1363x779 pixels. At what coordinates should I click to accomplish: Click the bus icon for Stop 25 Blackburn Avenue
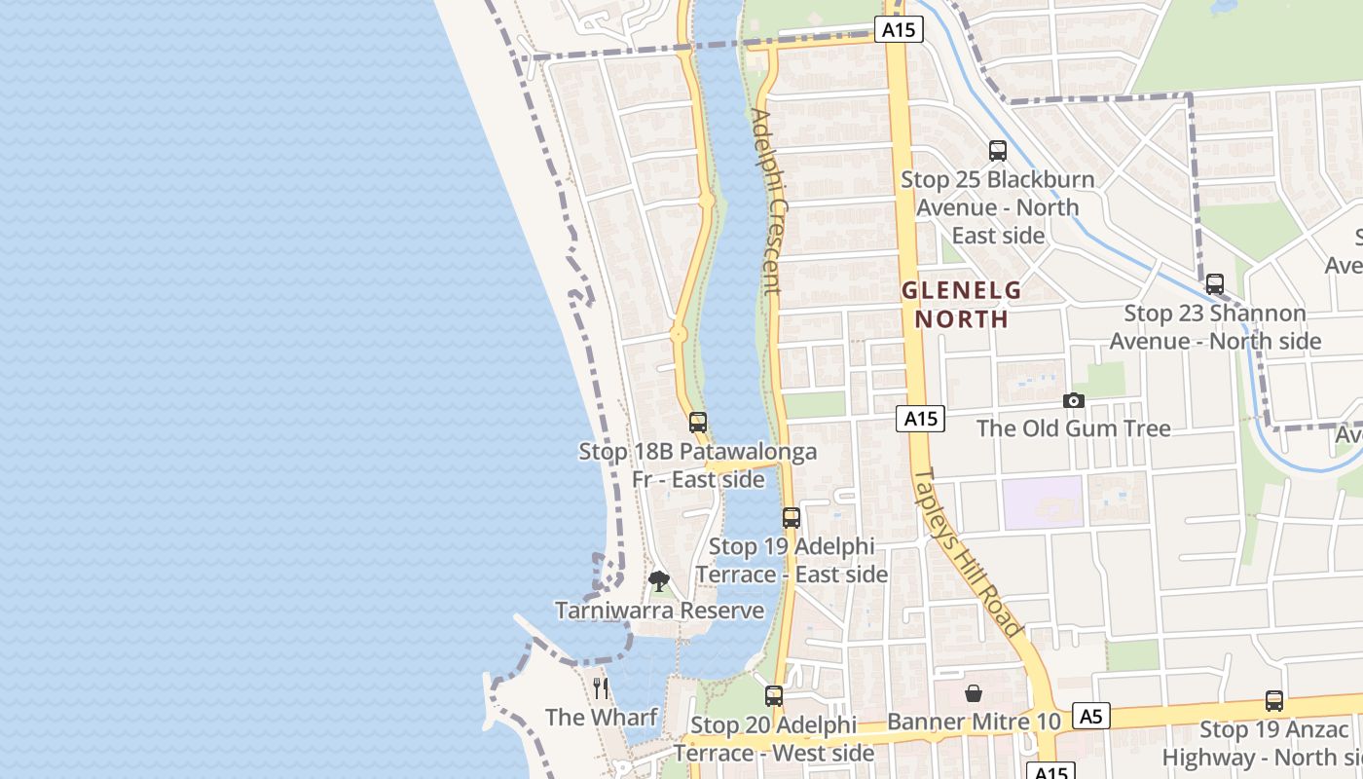tap(998, 151)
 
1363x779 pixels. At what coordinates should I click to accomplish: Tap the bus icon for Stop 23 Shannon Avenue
tap(1215, 284)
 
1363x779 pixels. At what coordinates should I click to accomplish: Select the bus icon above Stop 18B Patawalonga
tap(698, 423)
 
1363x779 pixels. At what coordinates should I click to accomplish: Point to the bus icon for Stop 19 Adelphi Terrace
tap(792, 518)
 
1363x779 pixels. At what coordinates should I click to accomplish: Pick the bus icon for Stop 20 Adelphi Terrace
tap(774, 696)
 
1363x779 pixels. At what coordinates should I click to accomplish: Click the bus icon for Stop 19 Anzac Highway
tap(1274, 700)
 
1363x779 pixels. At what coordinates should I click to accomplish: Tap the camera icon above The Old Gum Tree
tap(1074, 400)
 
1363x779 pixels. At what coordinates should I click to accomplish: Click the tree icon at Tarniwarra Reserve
tap(659, 582)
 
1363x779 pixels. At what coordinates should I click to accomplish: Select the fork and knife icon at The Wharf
tap(601, 688)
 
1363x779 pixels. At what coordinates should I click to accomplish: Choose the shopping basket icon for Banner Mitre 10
tap(974, 693)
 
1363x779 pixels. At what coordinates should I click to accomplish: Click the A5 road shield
tap(1090, 717)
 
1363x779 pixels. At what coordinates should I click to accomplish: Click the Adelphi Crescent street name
tap(767, 202)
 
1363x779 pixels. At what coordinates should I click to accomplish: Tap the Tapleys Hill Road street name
tap(967, 553)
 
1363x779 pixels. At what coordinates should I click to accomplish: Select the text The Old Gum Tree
tap(1073, 428)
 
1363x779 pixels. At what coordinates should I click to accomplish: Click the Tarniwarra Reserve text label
tap(659, 611)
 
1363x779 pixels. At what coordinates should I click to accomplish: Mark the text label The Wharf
tap(601, 718)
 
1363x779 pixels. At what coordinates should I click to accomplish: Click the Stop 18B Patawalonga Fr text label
tap(697, 465)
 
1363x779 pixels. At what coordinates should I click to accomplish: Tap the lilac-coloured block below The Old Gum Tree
tap(1043, 502)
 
